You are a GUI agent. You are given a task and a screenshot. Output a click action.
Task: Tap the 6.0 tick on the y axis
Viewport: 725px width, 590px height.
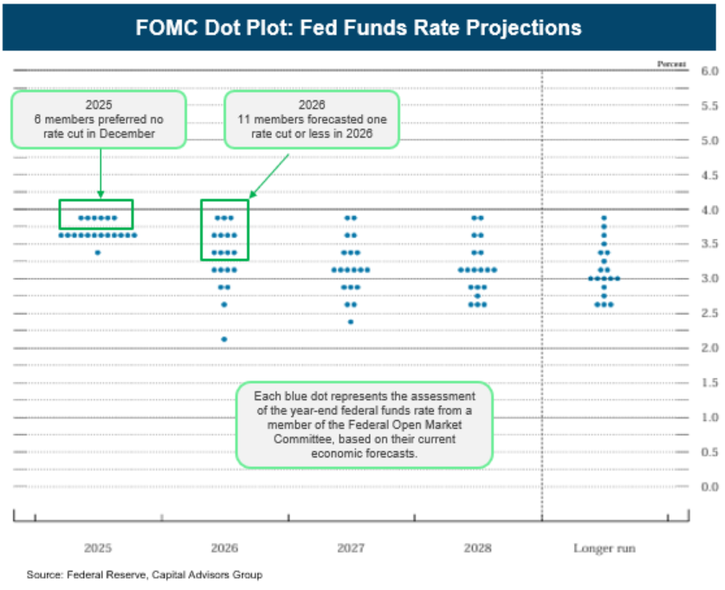click(709, 70)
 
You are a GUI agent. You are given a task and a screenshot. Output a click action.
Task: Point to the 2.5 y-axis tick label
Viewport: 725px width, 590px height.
click(709, 313)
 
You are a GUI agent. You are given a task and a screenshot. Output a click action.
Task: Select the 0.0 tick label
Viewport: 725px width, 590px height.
click(709, 486)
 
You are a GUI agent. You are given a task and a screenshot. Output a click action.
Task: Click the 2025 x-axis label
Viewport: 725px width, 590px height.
click(97, 548)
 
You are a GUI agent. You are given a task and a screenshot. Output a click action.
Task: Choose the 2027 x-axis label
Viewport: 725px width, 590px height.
click(351, 548)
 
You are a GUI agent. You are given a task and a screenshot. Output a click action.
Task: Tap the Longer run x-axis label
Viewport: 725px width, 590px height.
click(605, 548)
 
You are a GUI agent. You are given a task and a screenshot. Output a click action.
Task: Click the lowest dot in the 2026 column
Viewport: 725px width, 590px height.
click(224, 339)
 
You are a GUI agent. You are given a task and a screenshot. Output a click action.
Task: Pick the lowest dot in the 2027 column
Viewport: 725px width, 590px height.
click(351, 321)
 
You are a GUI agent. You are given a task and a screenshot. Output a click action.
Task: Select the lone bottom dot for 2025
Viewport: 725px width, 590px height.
click(98, 252)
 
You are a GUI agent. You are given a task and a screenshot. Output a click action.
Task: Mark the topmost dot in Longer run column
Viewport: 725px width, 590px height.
click(605, 217)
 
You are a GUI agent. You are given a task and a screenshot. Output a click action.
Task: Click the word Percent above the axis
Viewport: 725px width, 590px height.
click(671, 64)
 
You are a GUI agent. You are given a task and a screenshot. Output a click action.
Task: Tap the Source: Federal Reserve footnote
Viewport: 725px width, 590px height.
click(144, 574)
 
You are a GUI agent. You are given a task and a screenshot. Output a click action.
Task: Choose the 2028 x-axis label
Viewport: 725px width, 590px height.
click(477, 548)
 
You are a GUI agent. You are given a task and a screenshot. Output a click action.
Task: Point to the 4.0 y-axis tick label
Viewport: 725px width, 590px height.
click(709, 209)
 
